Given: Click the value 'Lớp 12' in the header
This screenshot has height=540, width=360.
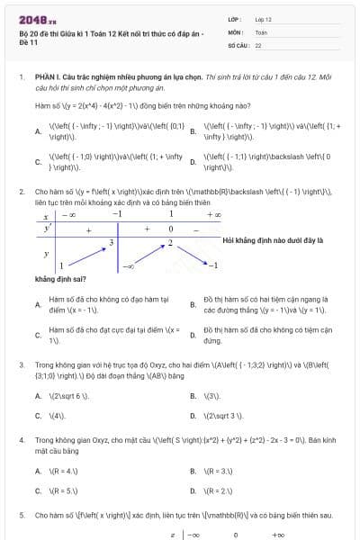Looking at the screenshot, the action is click(263, 18).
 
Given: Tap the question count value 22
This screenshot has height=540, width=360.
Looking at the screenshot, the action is click(258, 44).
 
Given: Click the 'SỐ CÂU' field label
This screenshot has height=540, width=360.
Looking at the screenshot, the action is click(238, 44).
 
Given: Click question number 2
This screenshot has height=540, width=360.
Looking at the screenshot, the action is click(21, 192).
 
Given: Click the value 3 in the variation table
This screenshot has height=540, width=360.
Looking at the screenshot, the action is click(137, 242).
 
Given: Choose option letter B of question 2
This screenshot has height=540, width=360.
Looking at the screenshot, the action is click(193, 304).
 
